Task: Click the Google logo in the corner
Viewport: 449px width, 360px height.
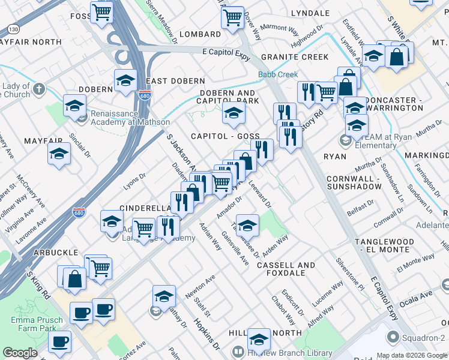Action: (20, 353)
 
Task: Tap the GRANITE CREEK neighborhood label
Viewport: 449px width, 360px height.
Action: (294, 57)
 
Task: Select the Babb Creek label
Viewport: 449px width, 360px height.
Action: (278, 75)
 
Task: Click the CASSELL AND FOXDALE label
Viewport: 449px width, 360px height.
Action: (289, 269)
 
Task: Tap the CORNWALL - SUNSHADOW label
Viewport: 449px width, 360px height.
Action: (354, 182)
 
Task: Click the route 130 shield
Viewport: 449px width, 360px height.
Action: (12, 29)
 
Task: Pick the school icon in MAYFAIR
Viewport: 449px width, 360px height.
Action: (59, 154)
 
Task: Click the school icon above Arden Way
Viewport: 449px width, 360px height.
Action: (247, 226)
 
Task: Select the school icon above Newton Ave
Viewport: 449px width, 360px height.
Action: (164, 296)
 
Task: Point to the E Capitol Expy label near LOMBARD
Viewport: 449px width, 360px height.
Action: (224, 52)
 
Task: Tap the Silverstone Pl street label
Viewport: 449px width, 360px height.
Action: (350, 274)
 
